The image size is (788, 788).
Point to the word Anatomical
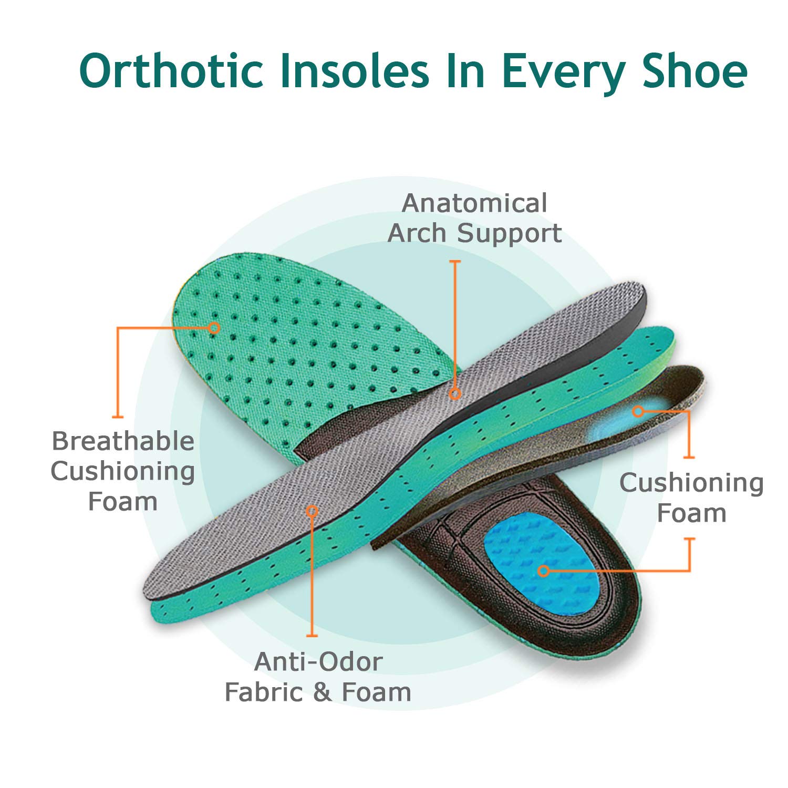point(474,203)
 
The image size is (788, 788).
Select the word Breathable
point(123,441)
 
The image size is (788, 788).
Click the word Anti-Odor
point(318,662)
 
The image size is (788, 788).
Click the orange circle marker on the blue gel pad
point(544,571)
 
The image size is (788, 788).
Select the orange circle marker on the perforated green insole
point(214,327)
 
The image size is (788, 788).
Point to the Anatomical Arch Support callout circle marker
point(455,393)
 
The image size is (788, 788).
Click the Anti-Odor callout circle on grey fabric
point(312,511)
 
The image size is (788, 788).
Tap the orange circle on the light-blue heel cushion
point(638,411)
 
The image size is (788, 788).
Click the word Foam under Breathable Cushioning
point(123,502)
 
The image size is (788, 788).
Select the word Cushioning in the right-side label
point(691,483)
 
